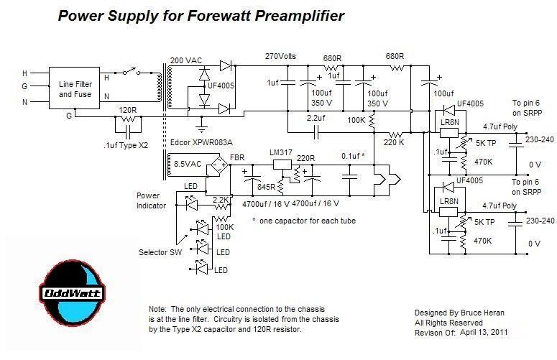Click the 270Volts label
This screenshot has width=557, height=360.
[x=281, y=55]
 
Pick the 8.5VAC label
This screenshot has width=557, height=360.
[x=188, y=164]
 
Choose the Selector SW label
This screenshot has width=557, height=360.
[x=158, y=252]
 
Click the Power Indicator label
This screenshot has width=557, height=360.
[x=152, y=200]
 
